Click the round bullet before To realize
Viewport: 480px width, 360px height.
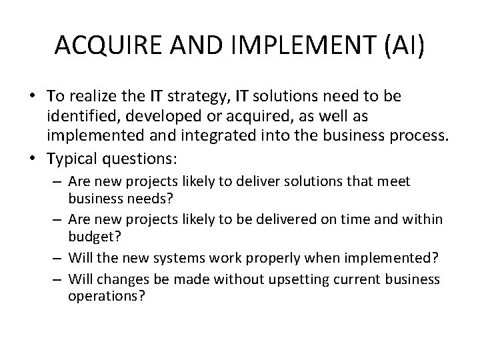(x=32, y=97)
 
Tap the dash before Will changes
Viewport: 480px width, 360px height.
(x=58, y=279)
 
